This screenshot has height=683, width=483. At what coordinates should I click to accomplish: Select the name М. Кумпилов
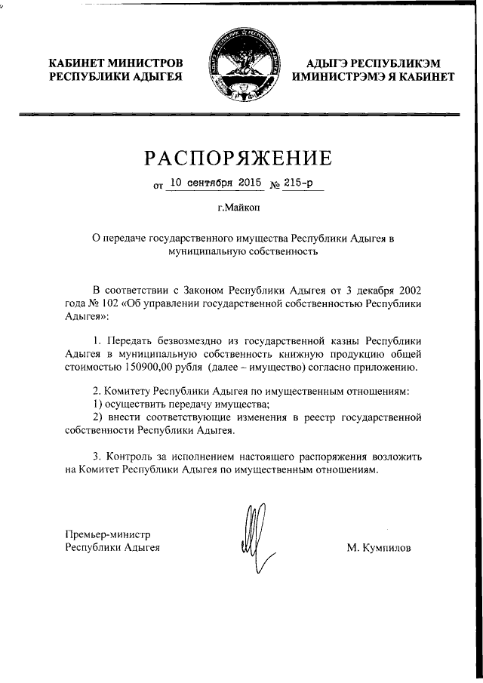click(x=379, y=548)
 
